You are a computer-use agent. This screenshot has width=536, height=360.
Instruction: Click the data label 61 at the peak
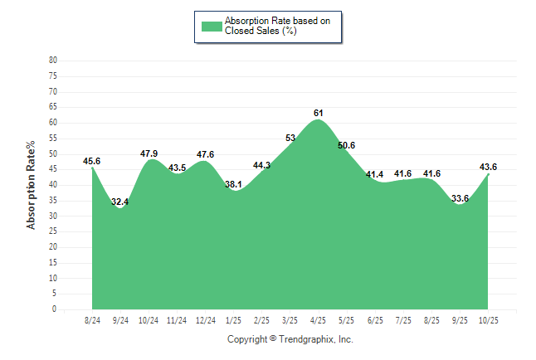[319, 113]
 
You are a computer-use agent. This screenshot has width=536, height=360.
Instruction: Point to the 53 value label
[290, 138]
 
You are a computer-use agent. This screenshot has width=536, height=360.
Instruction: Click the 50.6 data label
[346, 145]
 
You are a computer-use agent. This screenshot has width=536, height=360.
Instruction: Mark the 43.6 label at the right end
[489, 167]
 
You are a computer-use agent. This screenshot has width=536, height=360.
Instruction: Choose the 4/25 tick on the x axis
[319, 319]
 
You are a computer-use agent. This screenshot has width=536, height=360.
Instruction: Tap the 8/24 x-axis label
[93, 319]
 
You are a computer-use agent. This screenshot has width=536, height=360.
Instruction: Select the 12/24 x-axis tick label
[206, 319]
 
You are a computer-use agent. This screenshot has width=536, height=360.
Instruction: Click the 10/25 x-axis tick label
[488, 319]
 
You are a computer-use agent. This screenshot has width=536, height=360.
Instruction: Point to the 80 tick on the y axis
[53, 61]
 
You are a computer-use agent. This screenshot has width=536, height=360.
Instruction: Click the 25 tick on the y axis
[53, 231]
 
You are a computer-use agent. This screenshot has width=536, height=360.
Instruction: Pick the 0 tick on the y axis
[55, 309]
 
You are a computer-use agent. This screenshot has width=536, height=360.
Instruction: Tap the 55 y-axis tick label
[53, 139]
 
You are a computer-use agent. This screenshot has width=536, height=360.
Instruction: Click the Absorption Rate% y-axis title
[32, 185]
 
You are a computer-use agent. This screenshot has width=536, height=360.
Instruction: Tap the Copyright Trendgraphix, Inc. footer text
[290, 339]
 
